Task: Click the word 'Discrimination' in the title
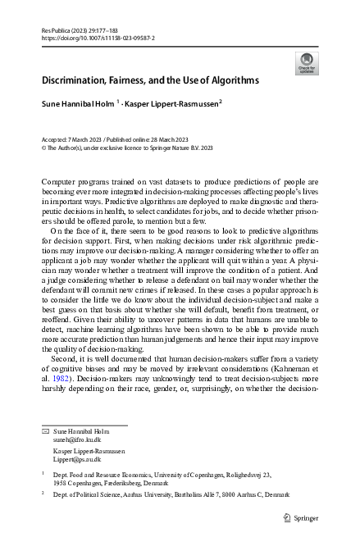click(73, 81)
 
